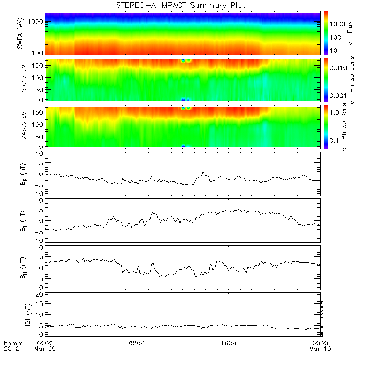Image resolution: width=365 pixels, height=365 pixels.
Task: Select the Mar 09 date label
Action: [x=45, y=349]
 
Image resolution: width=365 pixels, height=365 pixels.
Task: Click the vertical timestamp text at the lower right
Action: [x=323, y=313]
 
